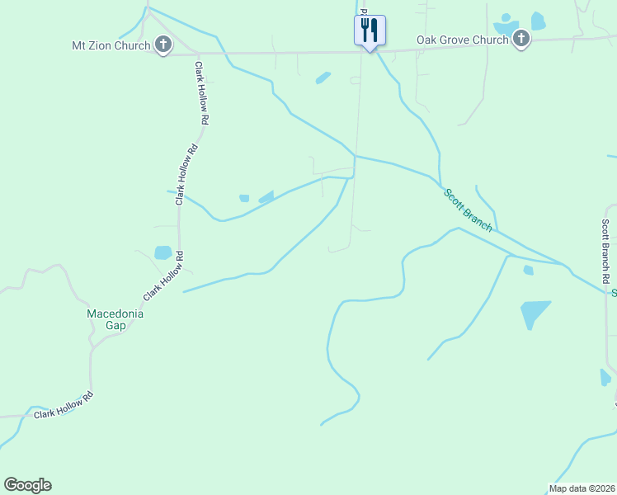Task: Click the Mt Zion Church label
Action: (x=111, y=45)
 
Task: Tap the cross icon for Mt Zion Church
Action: (x=163, y=45)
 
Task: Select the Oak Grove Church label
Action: (x=462, y=39)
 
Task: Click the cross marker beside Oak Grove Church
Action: (x=520, y=38)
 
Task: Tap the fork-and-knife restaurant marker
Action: (x=370, y=31)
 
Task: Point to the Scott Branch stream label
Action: (x=469, y=210)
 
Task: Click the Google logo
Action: (x=27, y=485)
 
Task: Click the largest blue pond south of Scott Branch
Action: (x=533, y=313)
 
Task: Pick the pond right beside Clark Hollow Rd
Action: (x=163, y=252)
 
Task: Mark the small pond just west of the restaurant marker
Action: (x=323, y=78)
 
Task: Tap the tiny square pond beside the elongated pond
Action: (x=243, y=198)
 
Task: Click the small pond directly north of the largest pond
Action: (x=528, y=270)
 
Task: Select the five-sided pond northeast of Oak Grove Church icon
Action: (x=539, y=21)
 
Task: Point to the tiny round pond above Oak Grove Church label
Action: (x=506, y=16)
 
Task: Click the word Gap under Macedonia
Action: (x=115, y=325)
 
